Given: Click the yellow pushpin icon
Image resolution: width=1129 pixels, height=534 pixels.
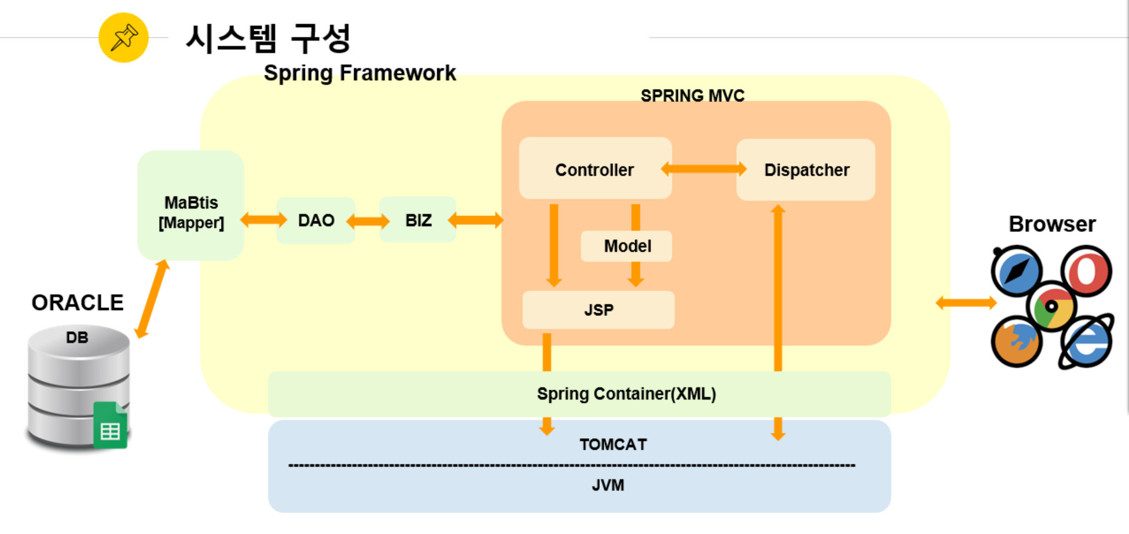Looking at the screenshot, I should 123,38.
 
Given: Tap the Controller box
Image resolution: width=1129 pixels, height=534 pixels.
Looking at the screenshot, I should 595,169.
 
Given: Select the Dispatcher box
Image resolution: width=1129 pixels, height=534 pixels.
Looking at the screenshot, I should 806,170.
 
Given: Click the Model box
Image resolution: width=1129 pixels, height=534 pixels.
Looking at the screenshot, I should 626,246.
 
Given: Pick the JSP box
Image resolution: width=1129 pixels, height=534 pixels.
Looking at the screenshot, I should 598,310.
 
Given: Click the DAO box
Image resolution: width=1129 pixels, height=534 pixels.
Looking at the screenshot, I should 316,220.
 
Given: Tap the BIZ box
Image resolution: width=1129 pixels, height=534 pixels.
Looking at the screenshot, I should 418,220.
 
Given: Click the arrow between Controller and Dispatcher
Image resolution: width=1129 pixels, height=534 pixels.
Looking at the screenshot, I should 704,169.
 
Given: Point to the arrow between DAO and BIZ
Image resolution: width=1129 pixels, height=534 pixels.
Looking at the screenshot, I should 368,222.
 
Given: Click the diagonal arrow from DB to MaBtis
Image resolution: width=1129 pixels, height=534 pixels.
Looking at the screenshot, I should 152,299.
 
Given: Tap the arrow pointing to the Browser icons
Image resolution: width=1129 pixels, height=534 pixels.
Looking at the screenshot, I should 966,303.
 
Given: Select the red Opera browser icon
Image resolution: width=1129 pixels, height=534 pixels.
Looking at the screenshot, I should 1086,271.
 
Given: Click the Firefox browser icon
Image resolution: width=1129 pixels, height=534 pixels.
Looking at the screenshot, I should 1016,342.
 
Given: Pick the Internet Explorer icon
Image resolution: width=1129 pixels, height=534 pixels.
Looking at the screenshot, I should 1086,342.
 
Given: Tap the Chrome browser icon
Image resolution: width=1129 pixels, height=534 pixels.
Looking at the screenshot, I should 1051,306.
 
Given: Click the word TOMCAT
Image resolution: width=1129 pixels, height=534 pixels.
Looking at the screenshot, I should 613,444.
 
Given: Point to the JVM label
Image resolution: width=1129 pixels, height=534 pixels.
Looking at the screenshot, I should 608,485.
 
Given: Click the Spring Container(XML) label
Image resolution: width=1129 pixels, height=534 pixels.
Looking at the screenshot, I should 626,394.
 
